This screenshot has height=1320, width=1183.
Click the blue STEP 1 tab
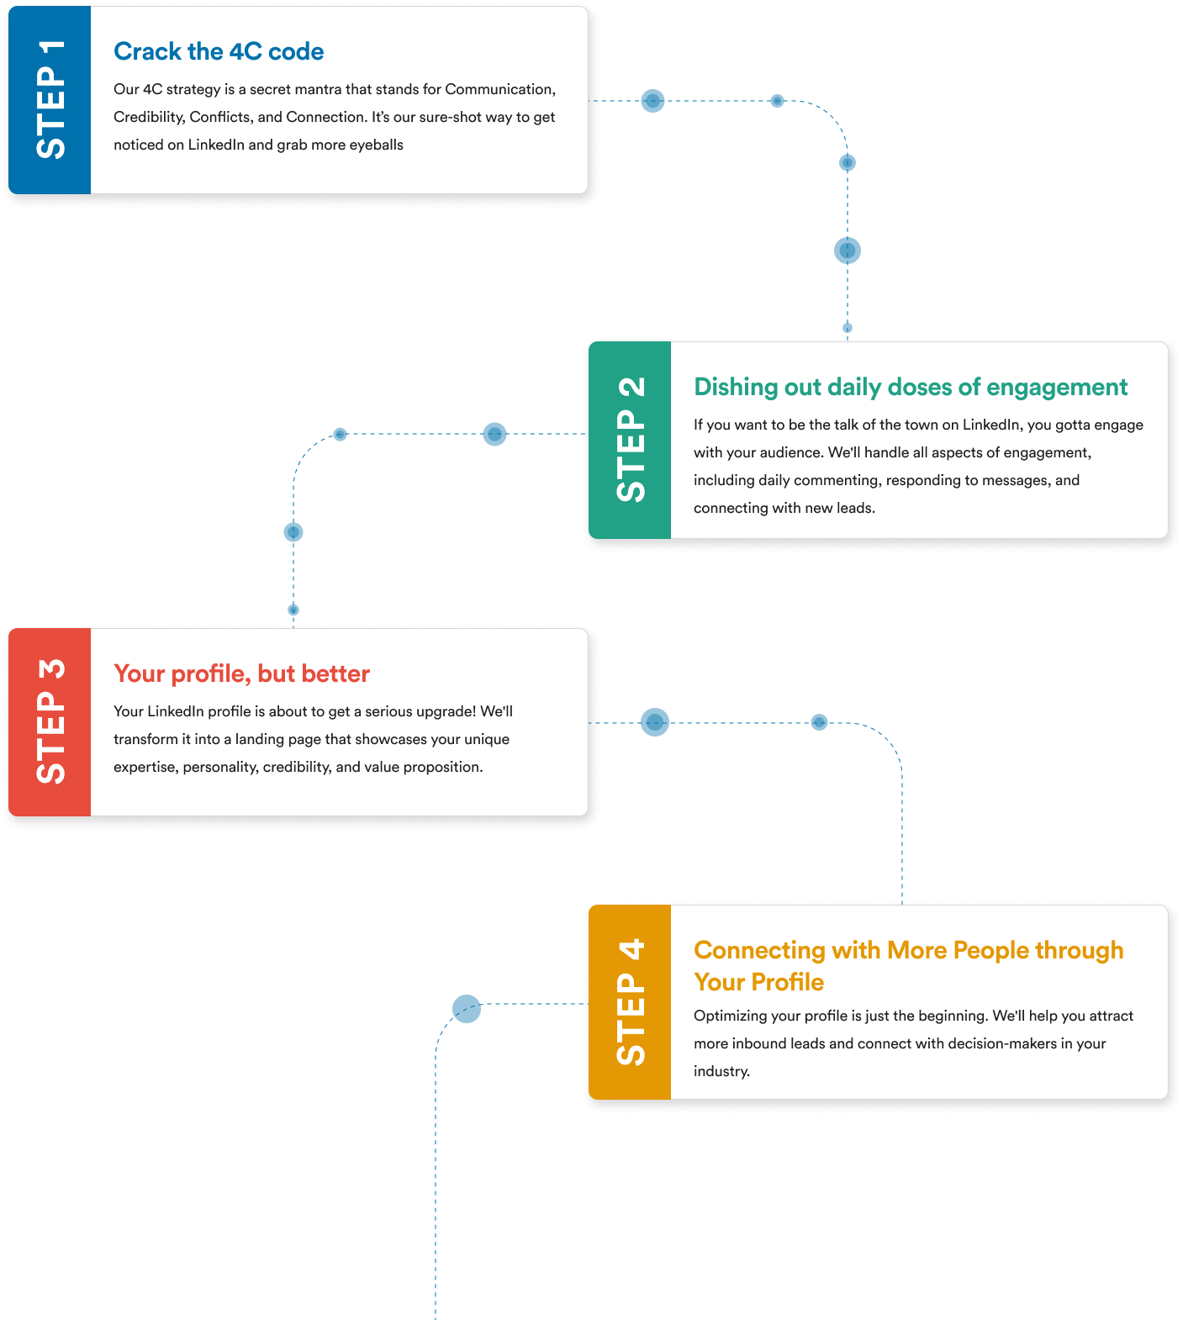50,100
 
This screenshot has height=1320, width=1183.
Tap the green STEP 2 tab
630,440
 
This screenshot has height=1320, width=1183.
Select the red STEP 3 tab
50,722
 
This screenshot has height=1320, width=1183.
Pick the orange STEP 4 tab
630,1002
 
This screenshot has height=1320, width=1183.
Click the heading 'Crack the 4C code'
219,51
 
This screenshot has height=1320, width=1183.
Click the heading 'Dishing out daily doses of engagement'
911,387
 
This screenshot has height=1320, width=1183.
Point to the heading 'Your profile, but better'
242,673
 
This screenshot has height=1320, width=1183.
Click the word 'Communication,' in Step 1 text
500,89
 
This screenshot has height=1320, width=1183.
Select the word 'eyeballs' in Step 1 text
376,145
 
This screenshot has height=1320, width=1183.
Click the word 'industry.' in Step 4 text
721,1071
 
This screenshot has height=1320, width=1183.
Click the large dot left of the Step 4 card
467,1009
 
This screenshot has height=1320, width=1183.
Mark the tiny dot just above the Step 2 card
848,328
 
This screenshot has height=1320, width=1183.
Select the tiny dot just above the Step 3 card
293,610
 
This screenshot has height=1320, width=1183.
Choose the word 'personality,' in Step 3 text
221,768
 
